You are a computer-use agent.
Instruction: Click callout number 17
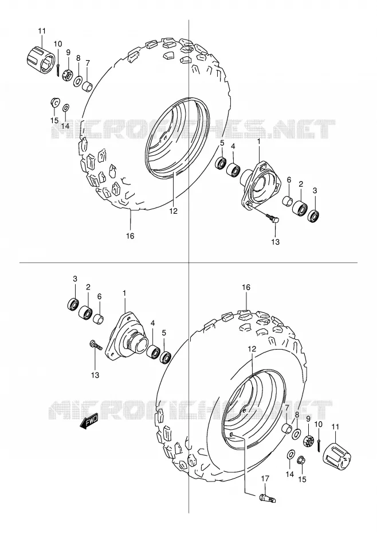(265, 479)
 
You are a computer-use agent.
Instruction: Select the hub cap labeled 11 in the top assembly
(41, 57)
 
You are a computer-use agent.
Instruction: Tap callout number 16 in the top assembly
(130, 236)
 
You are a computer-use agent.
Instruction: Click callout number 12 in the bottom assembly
(252, 348)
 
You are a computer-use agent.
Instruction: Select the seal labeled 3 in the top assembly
(313, 216)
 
